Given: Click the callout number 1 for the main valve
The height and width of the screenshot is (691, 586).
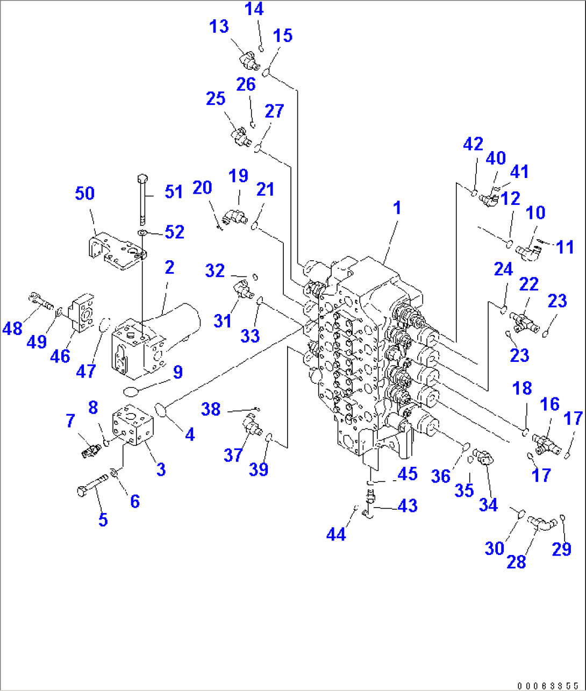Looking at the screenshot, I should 397,208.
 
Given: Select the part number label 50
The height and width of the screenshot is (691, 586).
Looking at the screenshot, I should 84,193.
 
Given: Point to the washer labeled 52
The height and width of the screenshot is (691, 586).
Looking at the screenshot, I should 143,233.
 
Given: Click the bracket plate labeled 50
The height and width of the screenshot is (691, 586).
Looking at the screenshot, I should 116,250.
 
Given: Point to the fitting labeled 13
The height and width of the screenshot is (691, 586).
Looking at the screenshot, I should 249,61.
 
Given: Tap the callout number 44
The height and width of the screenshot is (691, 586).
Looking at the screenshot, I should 336,534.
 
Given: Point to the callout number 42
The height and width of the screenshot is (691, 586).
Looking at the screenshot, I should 473,144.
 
